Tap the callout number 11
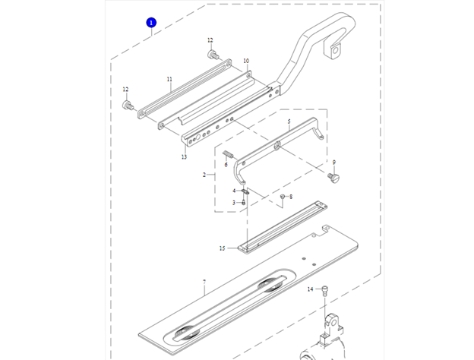(169, 78)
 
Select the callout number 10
(245, 61)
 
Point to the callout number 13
(184, 157)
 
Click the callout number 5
(289, 122)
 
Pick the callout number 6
(226, 165)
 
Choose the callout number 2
(204, 175)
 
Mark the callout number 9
(333, 162)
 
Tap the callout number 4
(235, 191)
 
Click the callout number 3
(235, 203)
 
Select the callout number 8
(290, 197)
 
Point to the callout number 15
(223, 248)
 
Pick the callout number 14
(310, 289)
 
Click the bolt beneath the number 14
(326, 291)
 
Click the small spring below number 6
(226, 155)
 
